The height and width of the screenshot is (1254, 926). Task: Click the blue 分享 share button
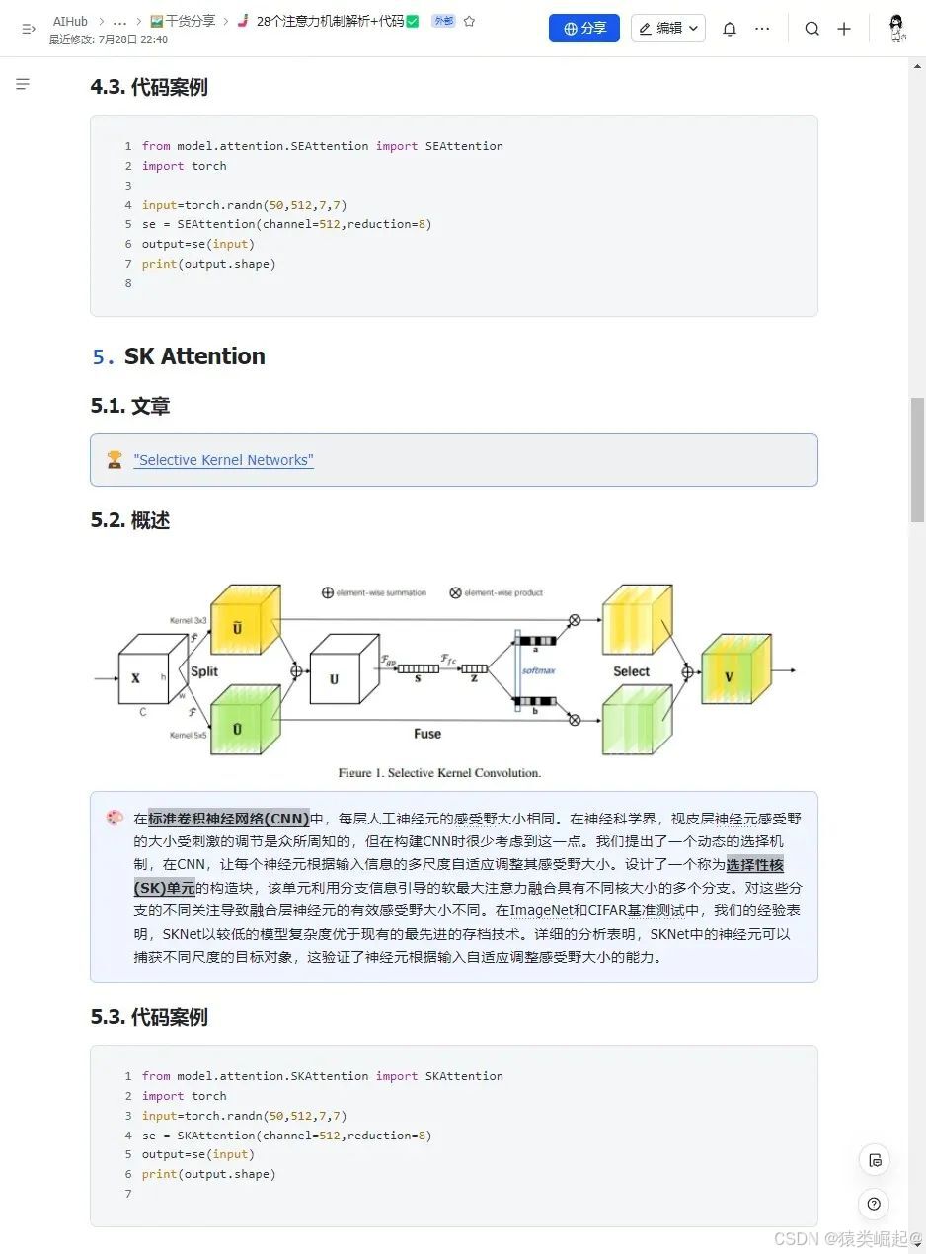[x=583, y=29]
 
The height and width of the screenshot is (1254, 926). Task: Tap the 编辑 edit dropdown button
[x=668, y=29]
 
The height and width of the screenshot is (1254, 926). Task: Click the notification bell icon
[x=730, y=29]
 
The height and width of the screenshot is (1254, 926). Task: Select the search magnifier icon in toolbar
[x=811, y=29]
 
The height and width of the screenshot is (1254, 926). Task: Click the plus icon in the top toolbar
[x=844, y=29]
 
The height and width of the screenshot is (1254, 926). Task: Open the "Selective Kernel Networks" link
[x=223, y=460]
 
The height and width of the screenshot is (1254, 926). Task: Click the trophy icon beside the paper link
[x=115, y=460]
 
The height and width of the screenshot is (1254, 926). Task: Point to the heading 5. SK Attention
[x=179, y=356]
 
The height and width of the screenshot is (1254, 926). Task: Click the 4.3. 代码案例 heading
[x=149, y=87]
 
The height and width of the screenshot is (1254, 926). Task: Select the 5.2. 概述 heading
[x=130, y=520]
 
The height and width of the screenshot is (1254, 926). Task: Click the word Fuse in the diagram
[x=427, y=734]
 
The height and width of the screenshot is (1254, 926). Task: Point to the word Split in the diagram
[x=204, y=671]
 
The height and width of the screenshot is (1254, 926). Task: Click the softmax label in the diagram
[x=539, y=671]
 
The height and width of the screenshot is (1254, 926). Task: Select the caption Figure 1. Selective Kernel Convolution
[x=439, y=773]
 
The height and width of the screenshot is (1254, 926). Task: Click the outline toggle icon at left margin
[x=23, y=85]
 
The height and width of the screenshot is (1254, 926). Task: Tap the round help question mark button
[x=874, y=1204]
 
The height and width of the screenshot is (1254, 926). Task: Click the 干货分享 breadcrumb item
[x=184, y=21]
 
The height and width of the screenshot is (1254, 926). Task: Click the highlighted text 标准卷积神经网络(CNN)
[x=229, y=819]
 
